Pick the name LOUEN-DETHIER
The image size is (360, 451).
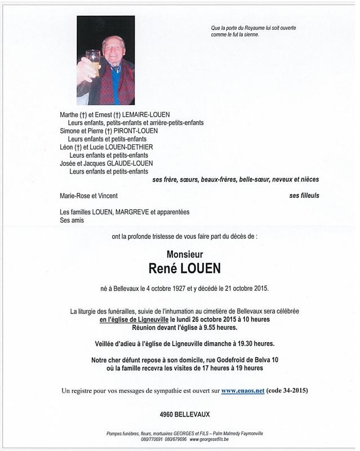coord(134,147)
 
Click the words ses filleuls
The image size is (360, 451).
coord(304,196)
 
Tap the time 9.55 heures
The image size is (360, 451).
coord(223,328)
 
